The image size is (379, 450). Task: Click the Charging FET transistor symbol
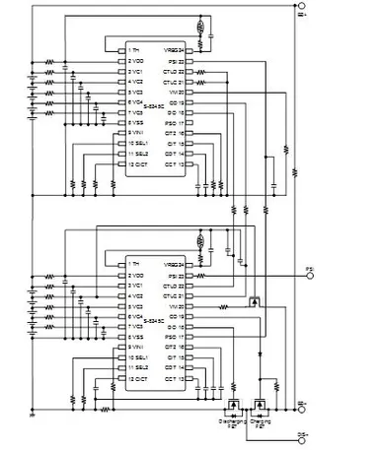(262, 405)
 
